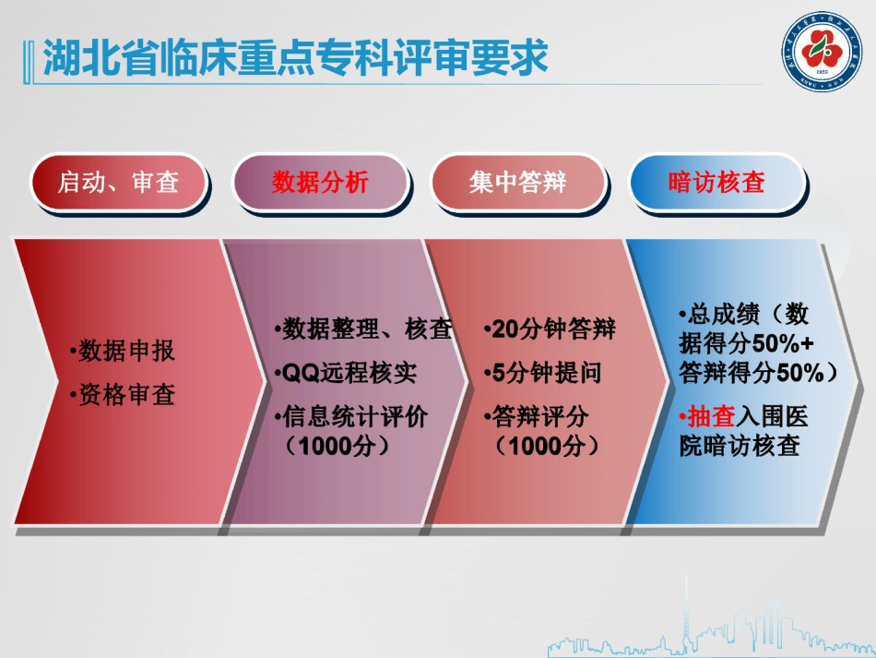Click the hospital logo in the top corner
[x=822, y=52]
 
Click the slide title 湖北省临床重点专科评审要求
[x=296, y=57]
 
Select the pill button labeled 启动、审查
[x=118, y=183]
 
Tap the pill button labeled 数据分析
[x=320, y=183]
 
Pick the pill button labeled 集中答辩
[x=518, y=183]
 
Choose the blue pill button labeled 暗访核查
[x=716, y=183]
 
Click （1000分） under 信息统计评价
[x=337, y=446]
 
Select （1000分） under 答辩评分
[x=547, y=446]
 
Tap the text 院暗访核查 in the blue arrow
[x=740, y=446]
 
